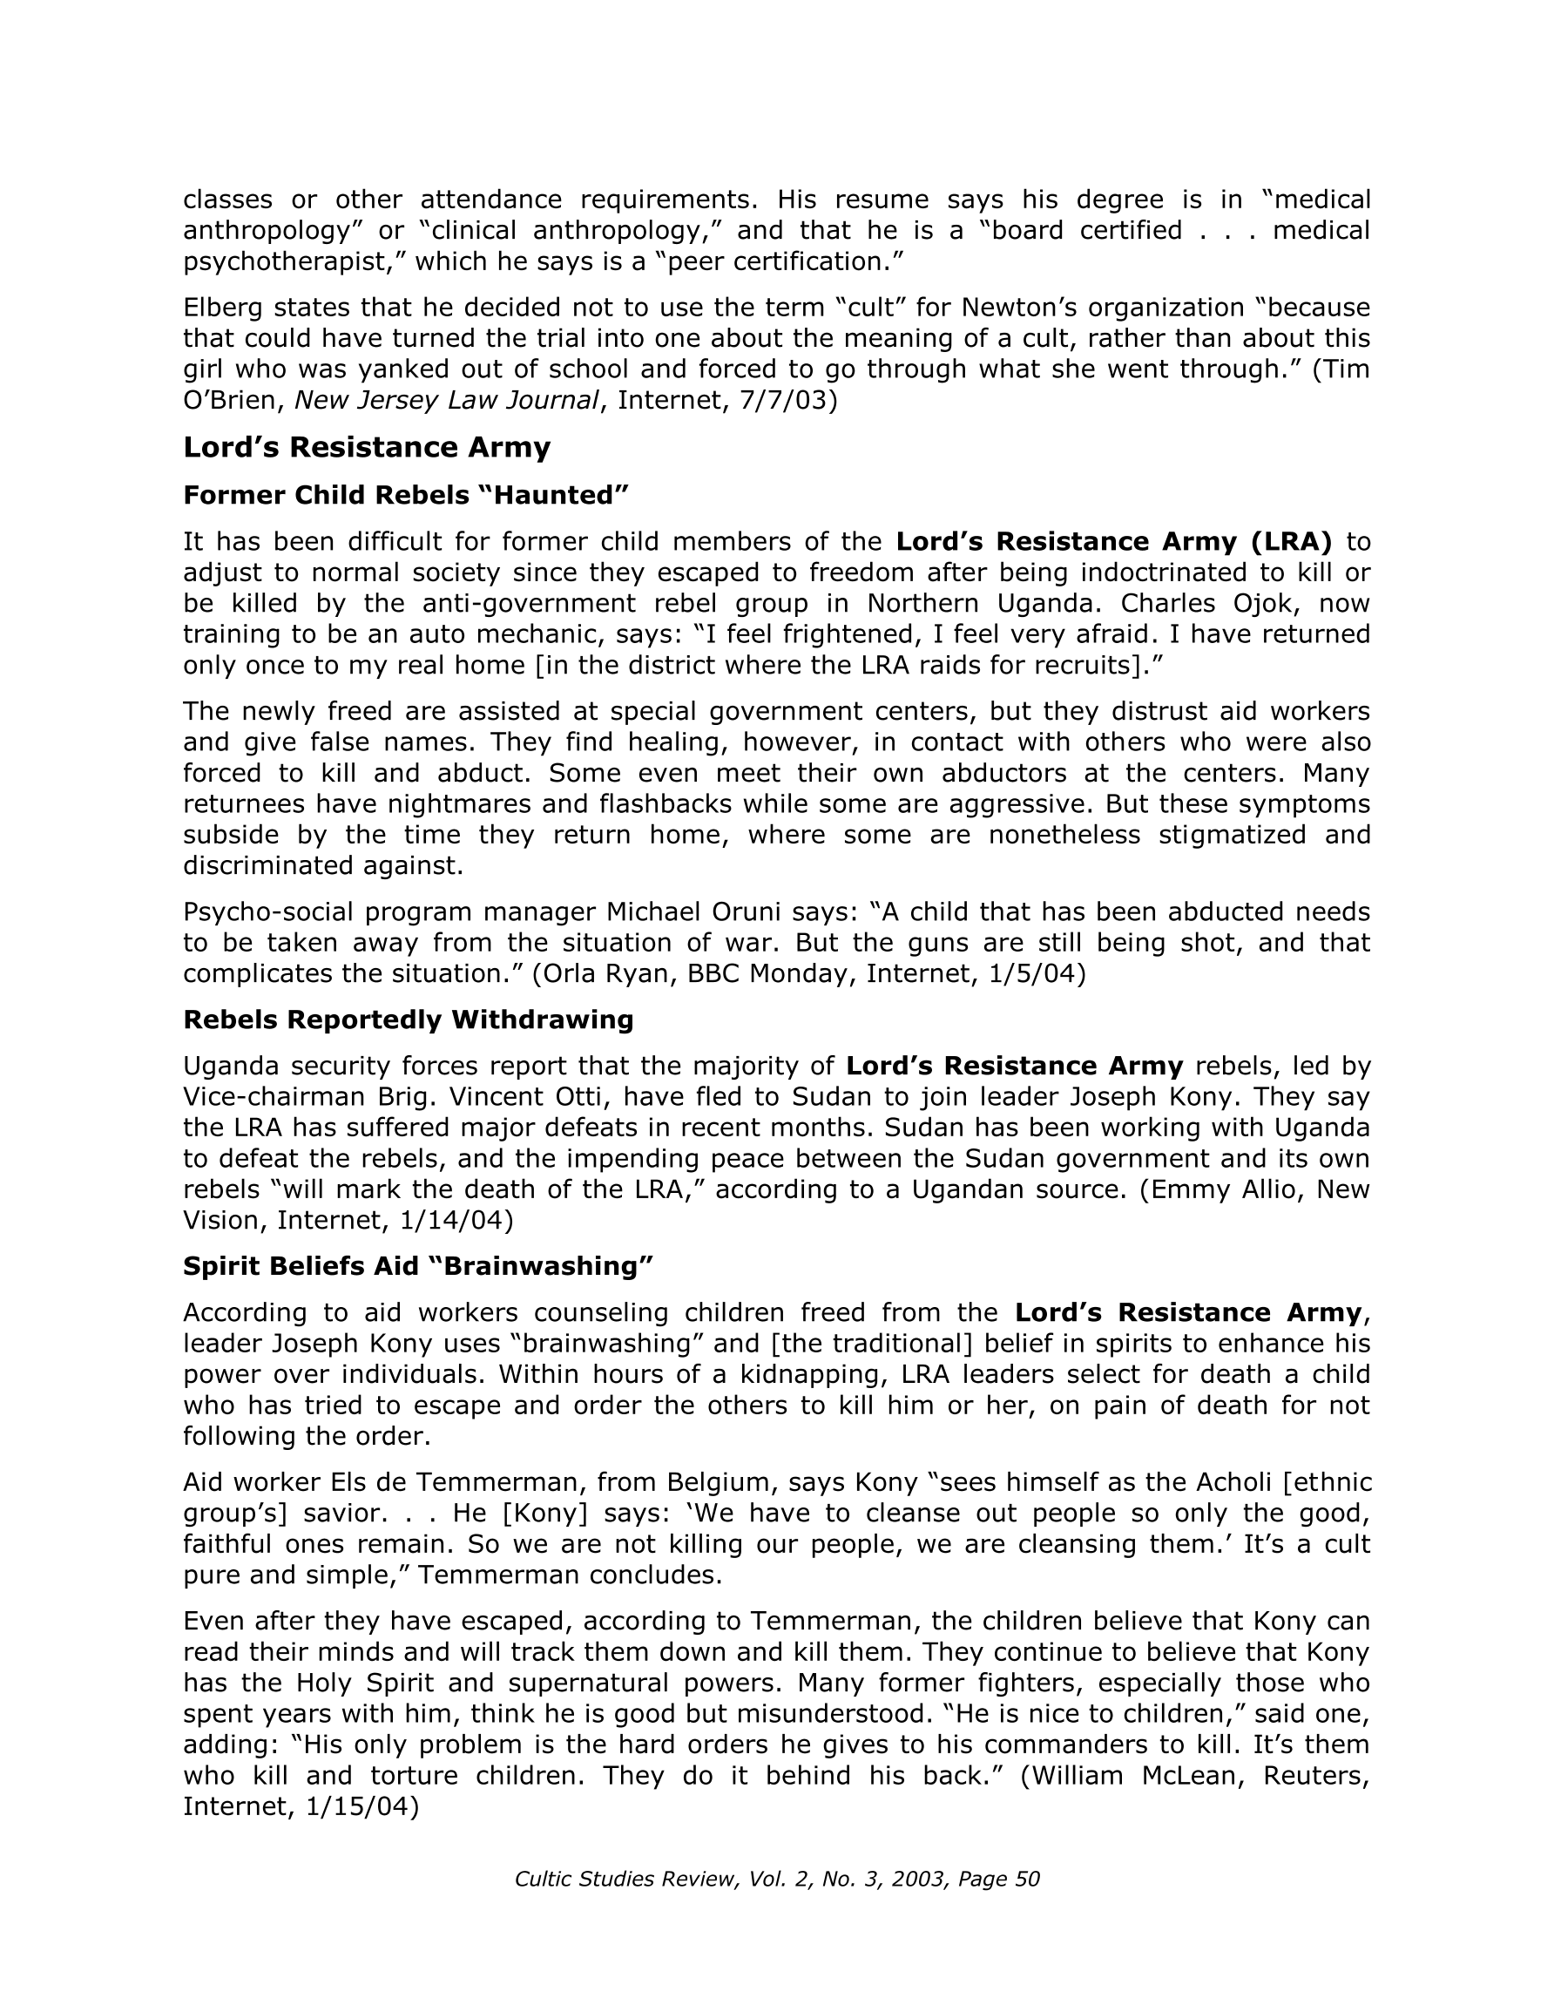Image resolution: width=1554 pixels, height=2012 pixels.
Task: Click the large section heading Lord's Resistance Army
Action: [367, 448]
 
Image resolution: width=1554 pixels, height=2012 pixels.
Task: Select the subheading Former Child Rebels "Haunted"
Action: [405, 496]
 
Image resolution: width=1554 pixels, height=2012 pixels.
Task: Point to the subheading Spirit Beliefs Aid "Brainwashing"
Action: [417, 1266]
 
